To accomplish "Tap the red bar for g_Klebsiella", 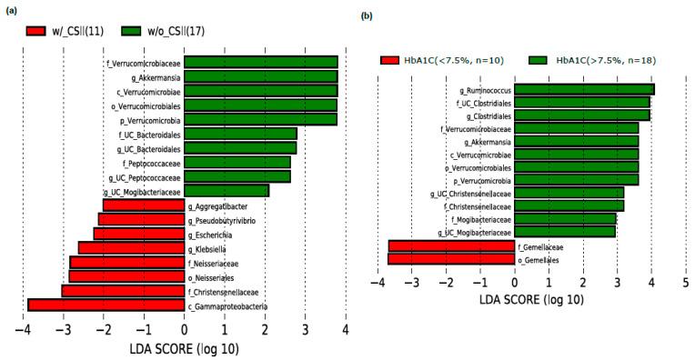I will pos(131,247).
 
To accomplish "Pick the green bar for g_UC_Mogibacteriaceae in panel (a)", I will pos(227,191).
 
